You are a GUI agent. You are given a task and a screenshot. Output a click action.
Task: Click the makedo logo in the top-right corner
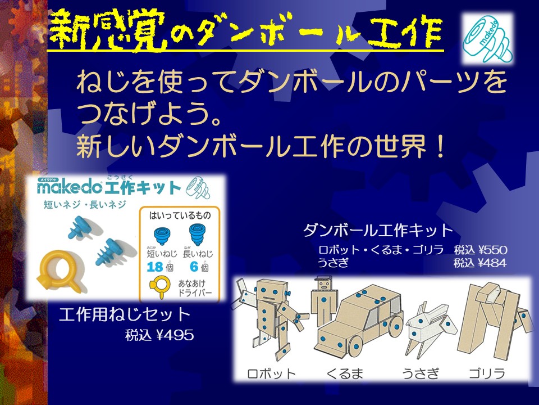(487, 39)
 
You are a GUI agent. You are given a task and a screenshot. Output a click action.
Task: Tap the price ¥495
(175, 335)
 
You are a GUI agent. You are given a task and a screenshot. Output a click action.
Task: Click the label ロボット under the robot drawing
(272, 373)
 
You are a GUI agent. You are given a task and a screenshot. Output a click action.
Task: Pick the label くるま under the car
(345, 373)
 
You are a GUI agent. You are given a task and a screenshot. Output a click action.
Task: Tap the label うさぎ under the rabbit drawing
(421, 373)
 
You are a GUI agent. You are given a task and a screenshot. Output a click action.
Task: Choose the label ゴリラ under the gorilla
(487, 373)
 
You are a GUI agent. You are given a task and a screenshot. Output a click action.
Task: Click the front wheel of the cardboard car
(355, 345)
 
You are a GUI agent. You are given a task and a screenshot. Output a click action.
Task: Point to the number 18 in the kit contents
(155, 267)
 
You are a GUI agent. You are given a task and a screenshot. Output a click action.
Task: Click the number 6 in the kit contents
(194, 267)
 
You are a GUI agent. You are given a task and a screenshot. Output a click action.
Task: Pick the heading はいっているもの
(180, 216)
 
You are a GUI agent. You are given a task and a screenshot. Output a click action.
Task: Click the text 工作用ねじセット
(125, 314)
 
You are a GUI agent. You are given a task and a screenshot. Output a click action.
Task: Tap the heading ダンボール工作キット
(378, 230)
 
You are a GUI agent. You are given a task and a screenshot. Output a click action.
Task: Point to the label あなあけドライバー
(195, 288)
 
